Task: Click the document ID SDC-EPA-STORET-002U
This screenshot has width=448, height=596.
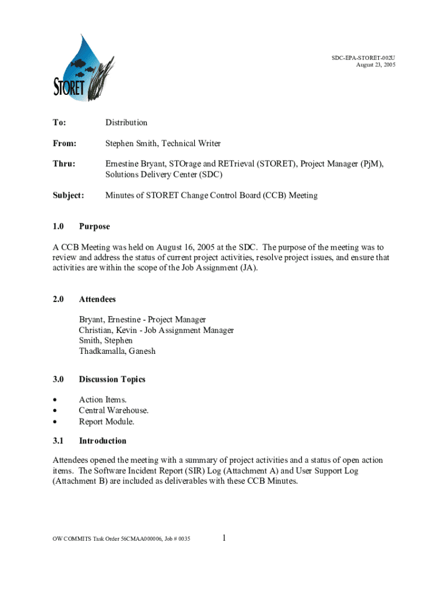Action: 364,58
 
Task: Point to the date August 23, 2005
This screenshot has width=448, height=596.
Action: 375,65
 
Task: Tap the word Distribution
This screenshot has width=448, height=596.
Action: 126,122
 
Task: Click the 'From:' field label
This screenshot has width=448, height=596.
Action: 65,143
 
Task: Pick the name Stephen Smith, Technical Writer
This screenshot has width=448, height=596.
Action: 163,143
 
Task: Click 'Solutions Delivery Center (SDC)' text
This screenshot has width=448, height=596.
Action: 163,175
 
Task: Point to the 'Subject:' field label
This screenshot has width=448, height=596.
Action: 69,196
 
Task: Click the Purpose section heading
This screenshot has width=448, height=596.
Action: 94,226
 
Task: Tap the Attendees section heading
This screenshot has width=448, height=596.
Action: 97,299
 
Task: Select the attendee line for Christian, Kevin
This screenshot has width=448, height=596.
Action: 157,330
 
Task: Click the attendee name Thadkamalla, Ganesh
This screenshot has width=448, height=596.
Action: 117,351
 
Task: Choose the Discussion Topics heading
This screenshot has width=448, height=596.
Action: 112,379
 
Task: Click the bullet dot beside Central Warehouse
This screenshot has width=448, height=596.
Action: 55,411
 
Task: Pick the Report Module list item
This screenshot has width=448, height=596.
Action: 106,421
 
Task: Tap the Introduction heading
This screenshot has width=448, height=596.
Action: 102,441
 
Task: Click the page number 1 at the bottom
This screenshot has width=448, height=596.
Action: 224,538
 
